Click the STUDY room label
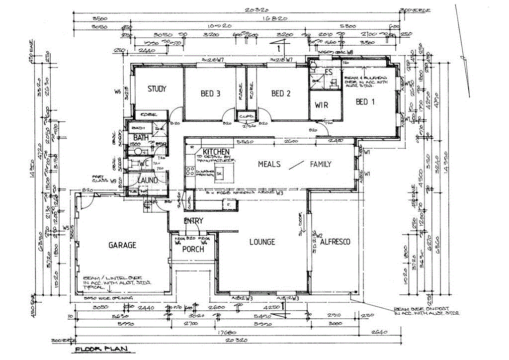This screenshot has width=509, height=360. click(x=157, y=90)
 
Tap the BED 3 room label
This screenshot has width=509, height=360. click(x=211, y=93)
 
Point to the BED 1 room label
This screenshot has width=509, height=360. click(x=365, y=102)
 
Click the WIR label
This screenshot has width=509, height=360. click(x=322, y=105)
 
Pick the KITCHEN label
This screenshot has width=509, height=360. click(x=216, y=151)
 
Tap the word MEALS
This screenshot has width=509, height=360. click(x=269, y=164)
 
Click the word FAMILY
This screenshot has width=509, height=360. click(x=321, y=164)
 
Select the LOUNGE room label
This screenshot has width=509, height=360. click(x=261, y=242)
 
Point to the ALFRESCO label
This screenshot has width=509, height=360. click(x=335, y=242)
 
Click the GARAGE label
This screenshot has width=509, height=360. click(x=122, y=245)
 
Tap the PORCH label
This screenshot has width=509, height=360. click(x=192, y=249)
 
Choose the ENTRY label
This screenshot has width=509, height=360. click(x=193, y=221)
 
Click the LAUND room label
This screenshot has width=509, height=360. click(x=148, y=180)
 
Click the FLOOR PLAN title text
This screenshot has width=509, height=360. click(x=101, y=350)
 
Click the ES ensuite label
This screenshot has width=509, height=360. click(x=329, y=72)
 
